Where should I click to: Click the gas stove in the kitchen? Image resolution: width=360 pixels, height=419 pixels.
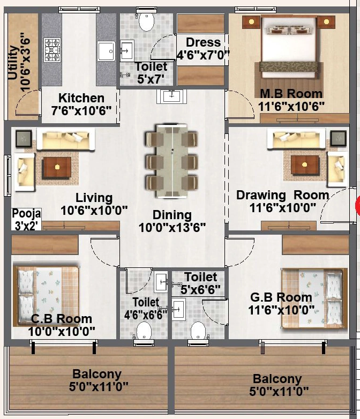click(x=52, y=50)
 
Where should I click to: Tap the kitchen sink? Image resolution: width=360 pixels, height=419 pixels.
click(x=106, y=51)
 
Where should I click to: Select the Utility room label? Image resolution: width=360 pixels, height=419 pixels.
click(x=18, y=63)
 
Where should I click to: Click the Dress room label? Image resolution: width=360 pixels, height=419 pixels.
click(x=203, y=49)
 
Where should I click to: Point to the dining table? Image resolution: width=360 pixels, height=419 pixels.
click(x=172, y=161)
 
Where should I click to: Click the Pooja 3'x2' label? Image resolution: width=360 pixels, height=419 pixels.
click(x=26, y=219)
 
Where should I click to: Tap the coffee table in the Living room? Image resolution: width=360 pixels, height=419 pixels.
click(x=57, y=167)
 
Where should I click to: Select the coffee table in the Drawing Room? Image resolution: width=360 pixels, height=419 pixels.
click(x=305, y=165)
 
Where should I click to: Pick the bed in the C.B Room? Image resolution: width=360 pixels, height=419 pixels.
click(x=46, y=296)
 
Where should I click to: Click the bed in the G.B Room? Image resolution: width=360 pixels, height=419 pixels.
click(x=314, y=298)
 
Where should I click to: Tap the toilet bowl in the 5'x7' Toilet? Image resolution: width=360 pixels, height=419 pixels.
click(x=146, y=21)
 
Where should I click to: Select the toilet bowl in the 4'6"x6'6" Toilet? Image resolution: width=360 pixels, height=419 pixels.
click(x=144, y=331)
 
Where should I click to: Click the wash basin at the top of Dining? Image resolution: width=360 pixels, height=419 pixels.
click(x=171, y=96)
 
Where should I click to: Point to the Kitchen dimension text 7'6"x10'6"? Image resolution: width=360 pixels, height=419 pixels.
click(x=81, y=110)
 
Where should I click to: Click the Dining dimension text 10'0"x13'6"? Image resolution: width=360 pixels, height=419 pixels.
click(x=172, y=228)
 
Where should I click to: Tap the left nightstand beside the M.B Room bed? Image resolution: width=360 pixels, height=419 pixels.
click(x=251, y=22)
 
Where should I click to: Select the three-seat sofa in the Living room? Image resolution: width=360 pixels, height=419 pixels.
click(x=66, y=139)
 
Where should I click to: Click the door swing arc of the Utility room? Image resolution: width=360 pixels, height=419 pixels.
click(x=27, y=102)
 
